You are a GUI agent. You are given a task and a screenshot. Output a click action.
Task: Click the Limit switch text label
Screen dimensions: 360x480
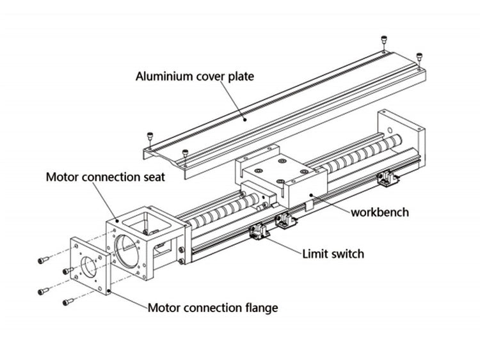tap(333, 254)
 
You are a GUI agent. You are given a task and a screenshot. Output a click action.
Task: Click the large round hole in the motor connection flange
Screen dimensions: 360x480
tap(88, 265)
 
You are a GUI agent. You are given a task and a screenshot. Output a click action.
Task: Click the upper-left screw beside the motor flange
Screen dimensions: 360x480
tap(42, 260)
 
